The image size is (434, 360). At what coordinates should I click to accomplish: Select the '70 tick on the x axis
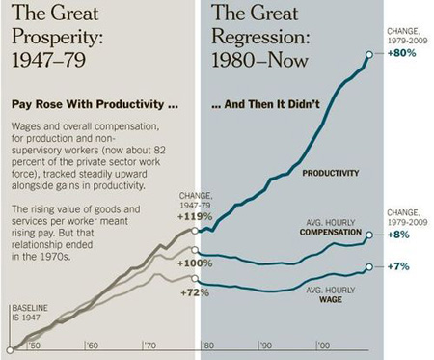(150, 344)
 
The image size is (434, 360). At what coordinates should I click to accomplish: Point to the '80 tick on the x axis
(207, 344)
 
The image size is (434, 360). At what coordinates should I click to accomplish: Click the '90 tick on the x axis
(264, 344)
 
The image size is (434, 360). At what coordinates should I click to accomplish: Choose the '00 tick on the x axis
(322, 344)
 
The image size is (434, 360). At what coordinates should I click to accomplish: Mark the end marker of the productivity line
(369, 54)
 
